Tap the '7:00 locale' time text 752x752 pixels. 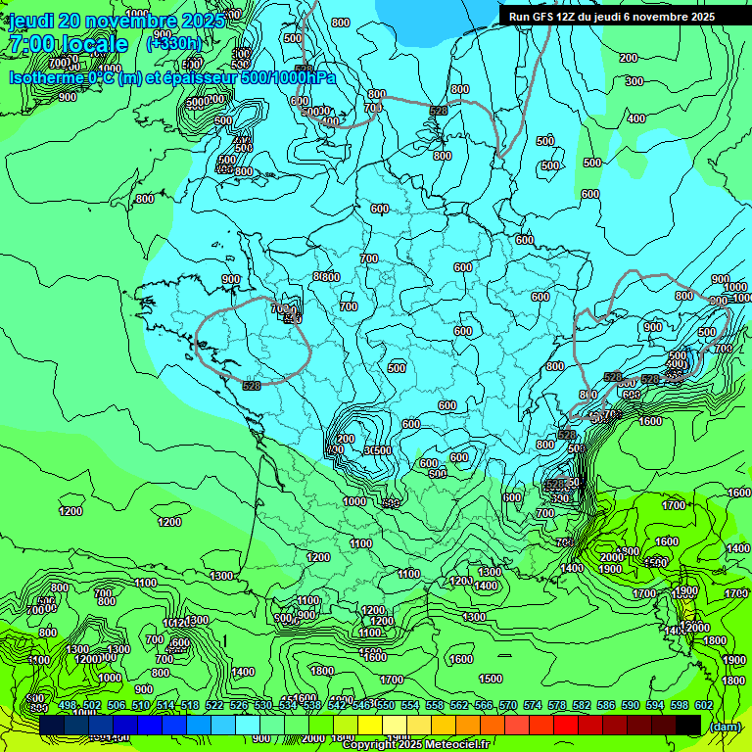coord(69,44)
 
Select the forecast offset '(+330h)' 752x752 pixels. coord(173,44)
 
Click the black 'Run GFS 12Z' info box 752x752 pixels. coord(612,17)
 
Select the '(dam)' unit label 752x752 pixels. coord(724,726)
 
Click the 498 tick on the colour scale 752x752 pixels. coord(67,705)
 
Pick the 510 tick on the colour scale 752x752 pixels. coord(139,705)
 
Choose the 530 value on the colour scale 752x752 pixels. coord(261,705)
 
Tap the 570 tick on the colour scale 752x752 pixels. coord(507,705)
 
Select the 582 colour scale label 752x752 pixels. coord(581,705)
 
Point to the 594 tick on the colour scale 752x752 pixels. coord(654,705)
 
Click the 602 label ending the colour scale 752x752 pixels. coord(703,705)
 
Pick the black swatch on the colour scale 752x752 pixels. coord(688,725)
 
